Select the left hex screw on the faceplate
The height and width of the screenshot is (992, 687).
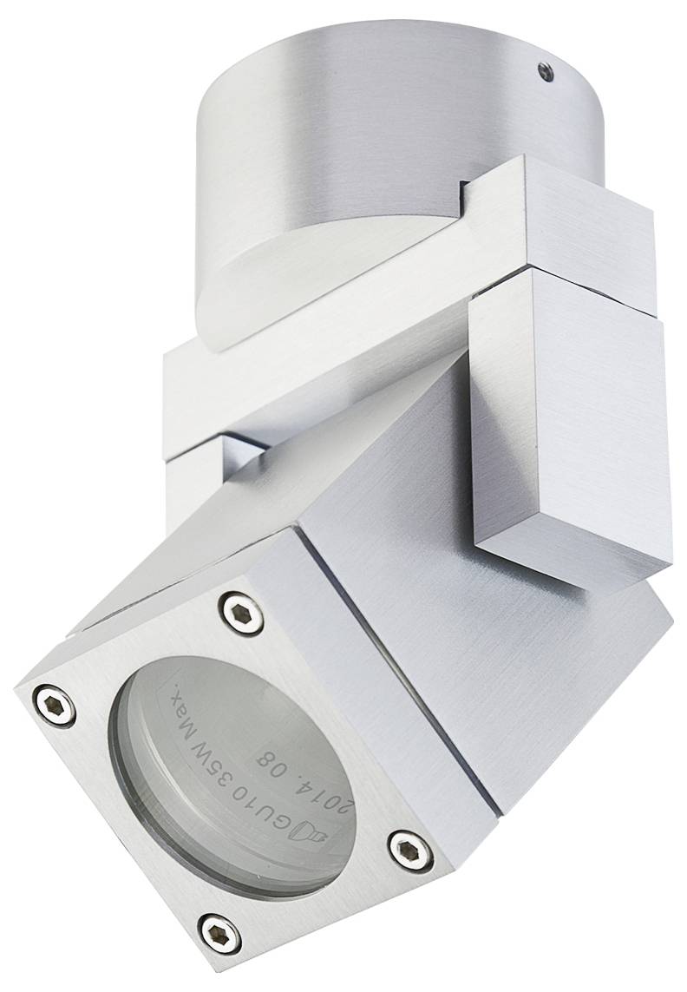coord(55,703)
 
